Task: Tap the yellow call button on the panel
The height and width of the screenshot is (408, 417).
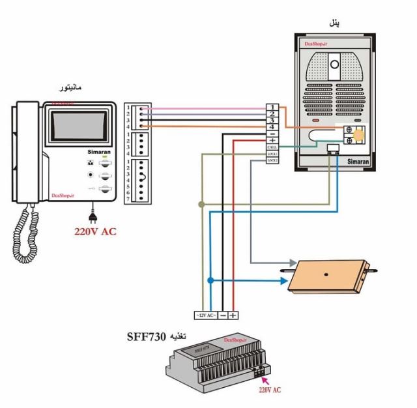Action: pos(357,134)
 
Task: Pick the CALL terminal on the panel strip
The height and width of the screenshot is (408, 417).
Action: pos(272,148)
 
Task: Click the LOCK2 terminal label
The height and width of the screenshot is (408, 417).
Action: pos(272,160)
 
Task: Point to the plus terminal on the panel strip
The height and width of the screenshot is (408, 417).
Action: pos(272,139)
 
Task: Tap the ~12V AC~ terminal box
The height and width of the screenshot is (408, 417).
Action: pos(205,315)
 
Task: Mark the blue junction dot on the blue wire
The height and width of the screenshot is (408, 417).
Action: pos(210,280)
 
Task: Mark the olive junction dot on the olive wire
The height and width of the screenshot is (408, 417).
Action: pos(201,205)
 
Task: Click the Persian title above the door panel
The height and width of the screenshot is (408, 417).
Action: pos(334,23)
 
